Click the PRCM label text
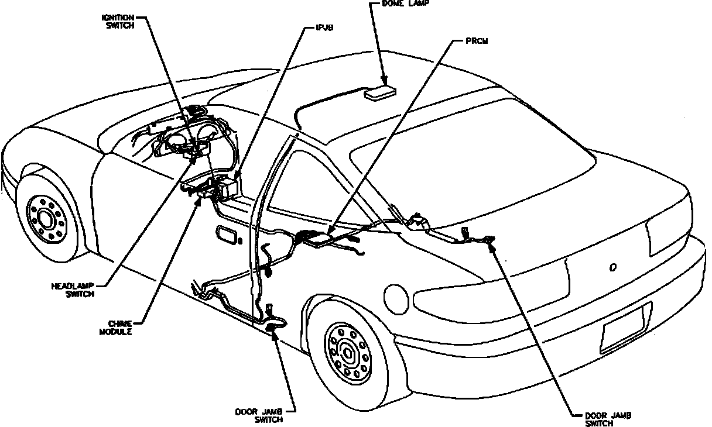click(x=478, y=42)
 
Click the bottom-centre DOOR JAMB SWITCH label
click(x=259, y=416)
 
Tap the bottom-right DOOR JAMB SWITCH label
click(x=608, y=419)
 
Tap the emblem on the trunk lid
click(x=612, y=267)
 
